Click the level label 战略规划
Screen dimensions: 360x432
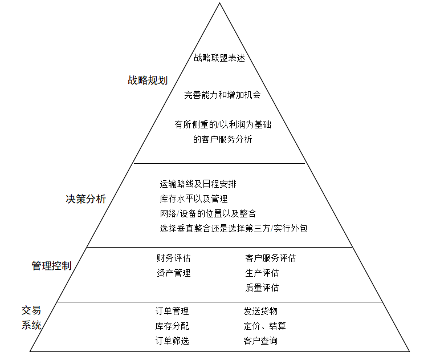pyautogui.click(x=148, y=80)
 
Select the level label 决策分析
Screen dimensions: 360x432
pyautogui.click(x=86, y=199)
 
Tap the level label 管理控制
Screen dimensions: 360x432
pyautogui.click(x=51, y=266)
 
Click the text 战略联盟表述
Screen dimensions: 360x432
pyautogui.click(x=219, y=58)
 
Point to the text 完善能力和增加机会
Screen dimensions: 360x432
pyautogui.click(x=222, y=95)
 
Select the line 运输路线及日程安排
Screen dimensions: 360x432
pyautogui.click(x=198, y=184)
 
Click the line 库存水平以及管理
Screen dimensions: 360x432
pyautogui.click(x=194, y=199)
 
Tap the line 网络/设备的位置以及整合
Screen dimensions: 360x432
pyautogui.click(x=208, y=213)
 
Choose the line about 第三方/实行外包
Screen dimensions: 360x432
pyautogui.click(x=234, y=228)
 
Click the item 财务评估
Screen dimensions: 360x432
pyautogui.click(x=173, y=258)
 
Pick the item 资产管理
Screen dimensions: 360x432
pyautogui.click(x=173, y=273)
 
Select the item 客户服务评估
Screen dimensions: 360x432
pyautogui.click(x=271, y=258)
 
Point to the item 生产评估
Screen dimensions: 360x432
pyautogui.click(x=262, y=273)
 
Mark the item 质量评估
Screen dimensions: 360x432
pyautogui.click(x=262, y=288)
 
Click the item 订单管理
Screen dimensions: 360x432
pyautogui.click(x=172, y=311)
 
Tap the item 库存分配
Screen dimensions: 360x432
pyautogui.click(x=172, y=326)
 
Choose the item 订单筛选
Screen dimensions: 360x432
pyautogui.click(x=172, y=341)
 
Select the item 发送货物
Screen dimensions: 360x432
pyautogui.click(x=260, y=311)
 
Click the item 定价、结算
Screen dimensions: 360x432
pyautogui.click(x=264, y=326)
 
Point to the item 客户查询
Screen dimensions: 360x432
pyautogui.click(x=260, y=341)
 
